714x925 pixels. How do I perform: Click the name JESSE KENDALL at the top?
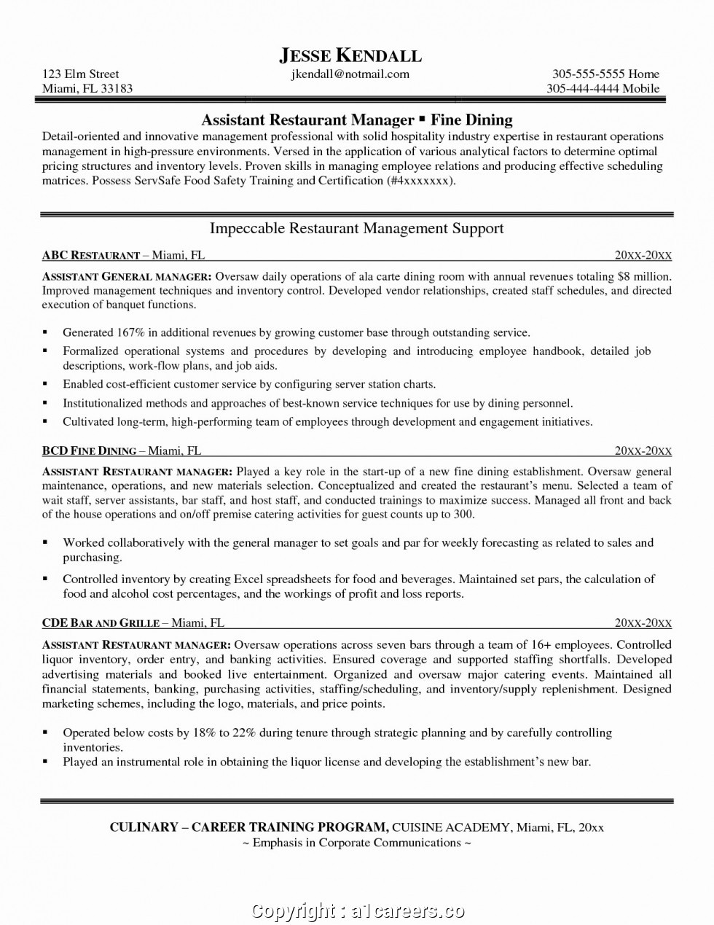click(350, 55)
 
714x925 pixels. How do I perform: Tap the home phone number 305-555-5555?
click(587, 74)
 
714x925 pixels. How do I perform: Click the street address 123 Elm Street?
click(80, 74)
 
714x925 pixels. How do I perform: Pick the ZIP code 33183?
click(117, 88)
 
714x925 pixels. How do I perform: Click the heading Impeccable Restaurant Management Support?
click(356, 228)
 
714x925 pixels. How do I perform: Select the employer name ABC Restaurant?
click(91, 255)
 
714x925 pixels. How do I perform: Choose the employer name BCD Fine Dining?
click(90, 450)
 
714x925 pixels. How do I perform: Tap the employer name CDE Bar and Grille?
click(101, 622)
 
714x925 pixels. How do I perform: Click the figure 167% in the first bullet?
click(130, 332)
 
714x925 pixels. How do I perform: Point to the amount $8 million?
click(643, 276)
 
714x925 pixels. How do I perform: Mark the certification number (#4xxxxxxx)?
click(420, 180)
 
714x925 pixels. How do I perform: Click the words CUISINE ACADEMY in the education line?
click(451, 827)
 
